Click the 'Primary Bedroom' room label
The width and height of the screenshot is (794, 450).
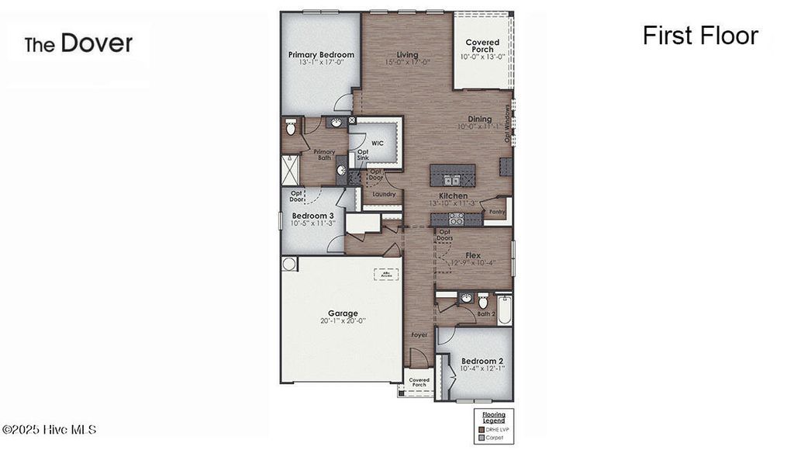pos(321,55)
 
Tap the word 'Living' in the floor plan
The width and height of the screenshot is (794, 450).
pos(407,55)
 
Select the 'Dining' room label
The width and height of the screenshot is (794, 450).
pos(479,119)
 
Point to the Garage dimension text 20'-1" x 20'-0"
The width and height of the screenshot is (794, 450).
pos(342,320)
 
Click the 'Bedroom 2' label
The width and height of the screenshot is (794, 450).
pos(482,362)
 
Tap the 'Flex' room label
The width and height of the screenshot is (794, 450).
pos(473,254)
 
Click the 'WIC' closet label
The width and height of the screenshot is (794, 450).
pos(378,144)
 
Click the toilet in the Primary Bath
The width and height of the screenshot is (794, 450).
pos(291,126)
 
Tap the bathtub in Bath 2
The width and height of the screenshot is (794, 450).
pos(504,309)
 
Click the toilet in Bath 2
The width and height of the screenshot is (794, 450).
pos(482,300)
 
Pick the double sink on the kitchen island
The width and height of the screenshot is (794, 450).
pos(451,181)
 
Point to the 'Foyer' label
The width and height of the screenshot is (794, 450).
pos(419,335)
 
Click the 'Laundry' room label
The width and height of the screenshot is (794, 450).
pos(384,194)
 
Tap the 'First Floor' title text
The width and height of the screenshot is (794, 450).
pos(699,36)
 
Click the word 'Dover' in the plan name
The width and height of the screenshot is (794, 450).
pos(96,43)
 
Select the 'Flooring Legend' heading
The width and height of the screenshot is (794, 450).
pos(494,417)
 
